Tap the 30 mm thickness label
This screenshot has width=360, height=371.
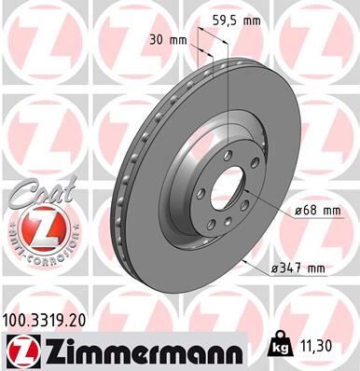tap(168, 39)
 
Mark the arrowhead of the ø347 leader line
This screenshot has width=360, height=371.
tap(244, 263)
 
